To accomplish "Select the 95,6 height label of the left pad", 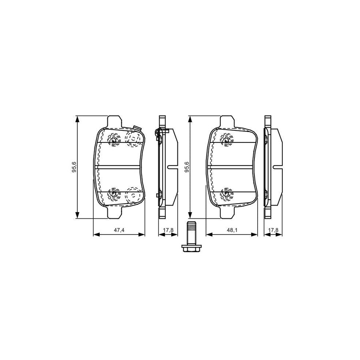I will [73, 167].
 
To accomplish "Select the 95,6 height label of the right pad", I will [186, 167].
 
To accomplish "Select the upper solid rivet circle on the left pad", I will [114, 139].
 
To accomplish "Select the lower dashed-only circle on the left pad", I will [132, 195].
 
